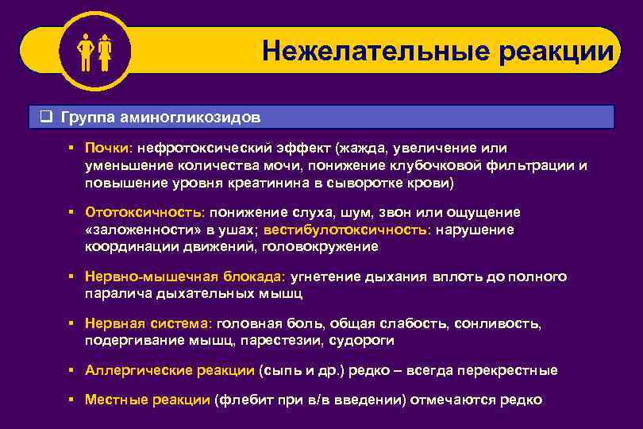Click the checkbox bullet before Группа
click(x=46, y=117)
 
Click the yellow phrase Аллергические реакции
click(x=170, y=370)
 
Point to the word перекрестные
click(x=516, y=370)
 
